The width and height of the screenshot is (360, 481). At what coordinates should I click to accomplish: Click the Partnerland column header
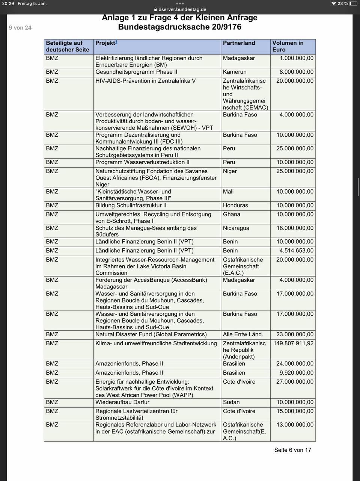point(239,43)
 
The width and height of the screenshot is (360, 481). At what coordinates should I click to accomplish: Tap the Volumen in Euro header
point(288,46)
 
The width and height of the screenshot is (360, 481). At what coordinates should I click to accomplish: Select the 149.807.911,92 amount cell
point(294,343)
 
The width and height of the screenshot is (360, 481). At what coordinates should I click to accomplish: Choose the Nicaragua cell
point(236,228)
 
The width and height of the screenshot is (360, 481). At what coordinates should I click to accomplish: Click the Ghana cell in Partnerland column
point(232,215)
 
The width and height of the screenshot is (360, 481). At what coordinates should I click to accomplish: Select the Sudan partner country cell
point(231,402)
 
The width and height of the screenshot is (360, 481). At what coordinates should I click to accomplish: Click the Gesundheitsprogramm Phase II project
point(136,72)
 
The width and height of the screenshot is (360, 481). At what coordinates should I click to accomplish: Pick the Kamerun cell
point(235,72)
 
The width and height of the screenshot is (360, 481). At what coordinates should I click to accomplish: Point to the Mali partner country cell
point(228,192)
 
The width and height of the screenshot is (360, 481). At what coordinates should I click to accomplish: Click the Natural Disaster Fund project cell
point(151,334)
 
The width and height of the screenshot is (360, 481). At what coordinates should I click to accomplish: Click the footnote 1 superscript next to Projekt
point(116,42)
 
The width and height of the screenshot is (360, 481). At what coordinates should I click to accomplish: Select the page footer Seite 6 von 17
point(292,450)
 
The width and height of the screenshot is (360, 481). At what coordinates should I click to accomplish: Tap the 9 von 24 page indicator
point(20,28)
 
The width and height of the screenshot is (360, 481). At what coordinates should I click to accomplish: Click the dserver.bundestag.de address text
point(182,9)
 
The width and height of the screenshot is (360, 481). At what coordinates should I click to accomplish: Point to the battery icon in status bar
point(353,3)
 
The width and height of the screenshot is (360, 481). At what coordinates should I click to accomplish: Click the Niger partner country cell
point(230,171)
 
